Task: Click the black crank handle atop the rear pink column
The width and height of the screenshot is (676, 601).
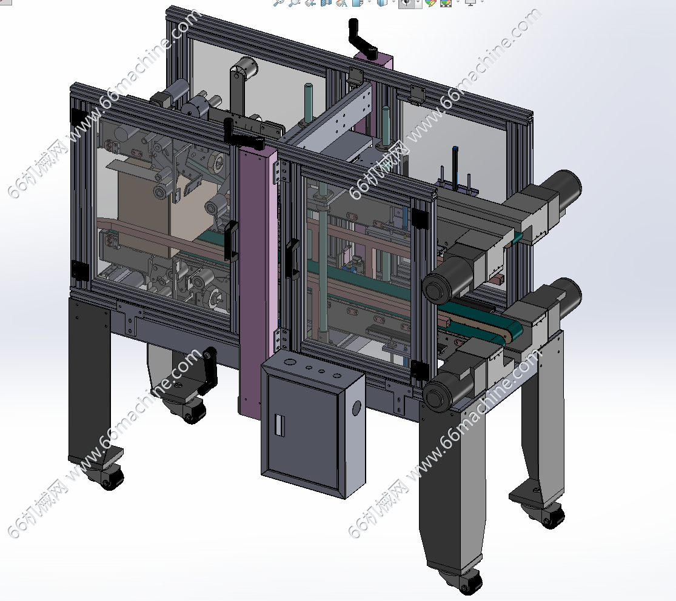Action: coord(362,39)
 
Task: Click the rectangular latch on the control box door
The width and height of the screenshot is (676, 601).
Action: coord(279,425)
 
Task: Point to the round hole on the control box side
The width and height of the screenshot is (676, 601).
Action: coord(356,408)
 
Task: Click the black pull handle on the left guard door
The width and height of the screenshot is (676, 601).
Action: coord(232,241)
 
